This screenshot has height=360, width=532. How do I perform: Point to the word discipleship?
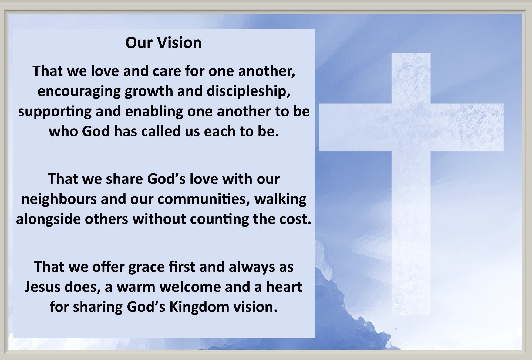point(248,91)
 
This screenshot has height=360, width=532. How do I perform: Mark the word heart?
point(284,287)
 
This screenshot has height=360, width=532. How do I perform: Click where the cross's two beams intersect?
point(411,127)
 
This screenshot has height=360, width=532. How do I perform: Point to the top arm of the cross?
point(411,78)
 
